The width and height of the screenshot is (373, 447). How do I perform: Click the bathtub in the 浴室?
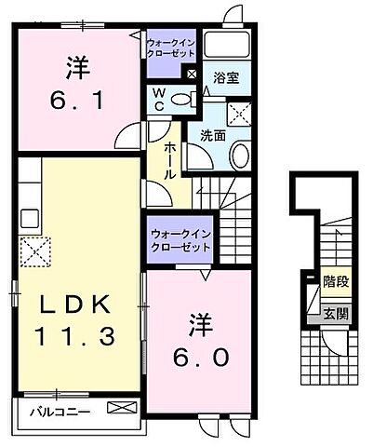pos(227,45)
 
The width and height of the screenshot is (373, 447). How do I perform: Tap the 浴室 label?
pos(225,78)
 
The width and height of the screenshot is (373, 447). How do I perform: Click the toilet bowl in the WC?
pos(182,100)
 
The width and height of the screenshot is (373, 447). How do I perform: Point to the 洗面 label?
pos(213,135)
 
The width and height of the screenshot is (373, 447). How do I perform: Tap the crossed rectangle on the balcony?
pos(121,408)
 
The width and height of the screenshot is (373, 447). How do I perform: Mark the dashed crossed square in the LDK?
pos(36,250)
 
